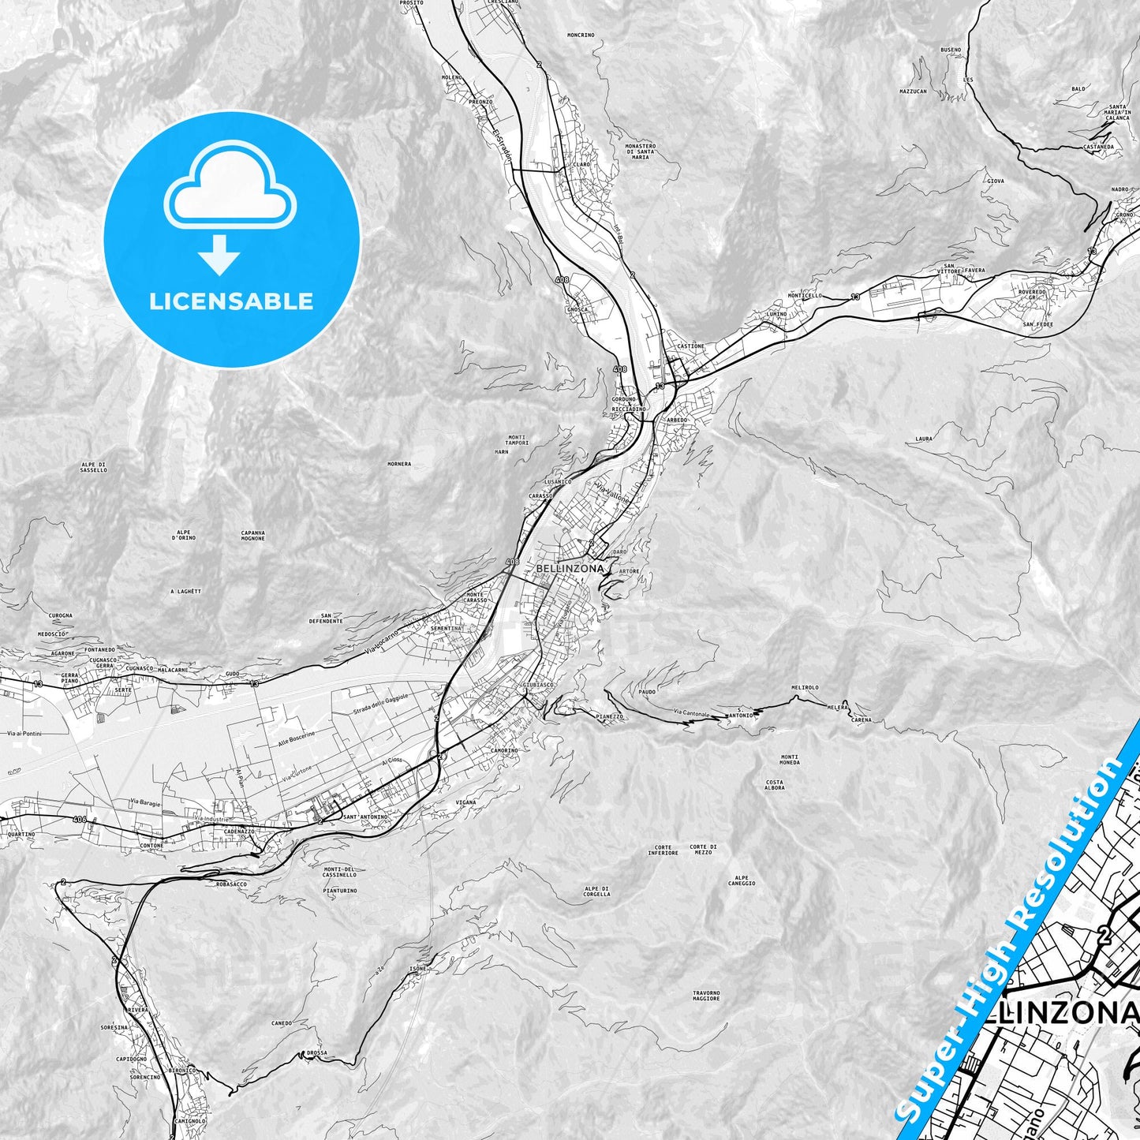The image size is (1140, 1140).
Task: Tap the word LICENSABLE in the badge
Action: click(x=231, y=301)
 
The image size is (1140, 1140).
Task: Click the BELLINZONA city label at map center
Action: click(x=570, y=568)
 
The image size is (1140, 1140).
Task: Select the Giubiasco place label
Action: click(x=538, y=685)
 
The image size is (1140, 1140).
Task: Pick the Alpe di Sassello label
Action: click(x=93, y=467)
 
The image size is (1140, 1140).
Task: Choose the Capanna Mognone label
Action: click(x=253, y=535)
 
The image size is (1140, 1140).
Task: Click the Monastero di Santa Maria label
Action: click(x=640, y=151)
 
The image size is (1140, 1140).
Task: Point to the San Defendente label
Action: click(x=331, y=618)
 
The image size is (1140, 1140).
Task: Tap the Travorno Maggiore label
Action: click(x=706, y=996)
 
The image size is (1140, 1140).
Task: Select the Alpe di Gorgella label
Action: click(x=597, y=891)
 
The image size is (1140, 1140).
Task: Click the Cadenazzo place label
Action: click(x=239, y=832)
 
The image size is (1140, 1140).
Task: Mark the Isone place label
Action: click(x=417, y=969)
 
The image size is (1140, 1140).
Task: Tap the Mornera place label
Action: click(x=399, y=464)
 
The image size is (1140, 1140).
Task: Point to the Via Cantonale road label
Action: click(x=691, y=715)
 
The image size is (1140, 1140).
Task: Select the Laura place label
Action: click(x=924, y=439)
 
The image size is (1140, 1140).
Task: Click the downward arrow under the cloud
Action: click(x=219, y=256)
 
